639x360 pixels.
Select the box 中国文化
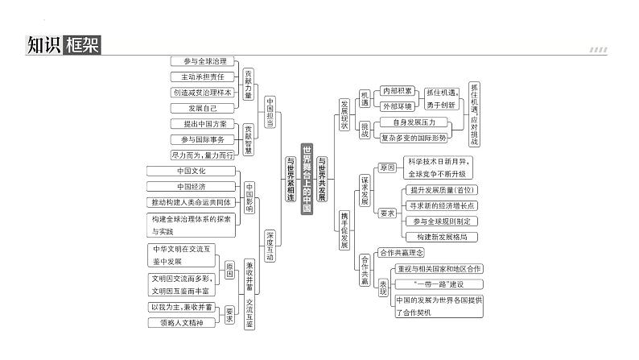coord(192,171)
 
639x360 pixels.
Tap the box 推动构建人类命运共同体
coord(192,201)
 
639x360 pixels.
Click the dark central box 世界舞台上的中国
coord(306,179)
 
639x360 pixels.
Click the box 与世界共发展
coord(322,179)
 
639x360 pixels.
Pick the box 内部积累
coord(398,91)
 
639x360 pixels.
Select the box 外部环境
coord(398,106)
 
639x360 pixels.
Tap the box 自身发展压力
coord(419,122)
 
